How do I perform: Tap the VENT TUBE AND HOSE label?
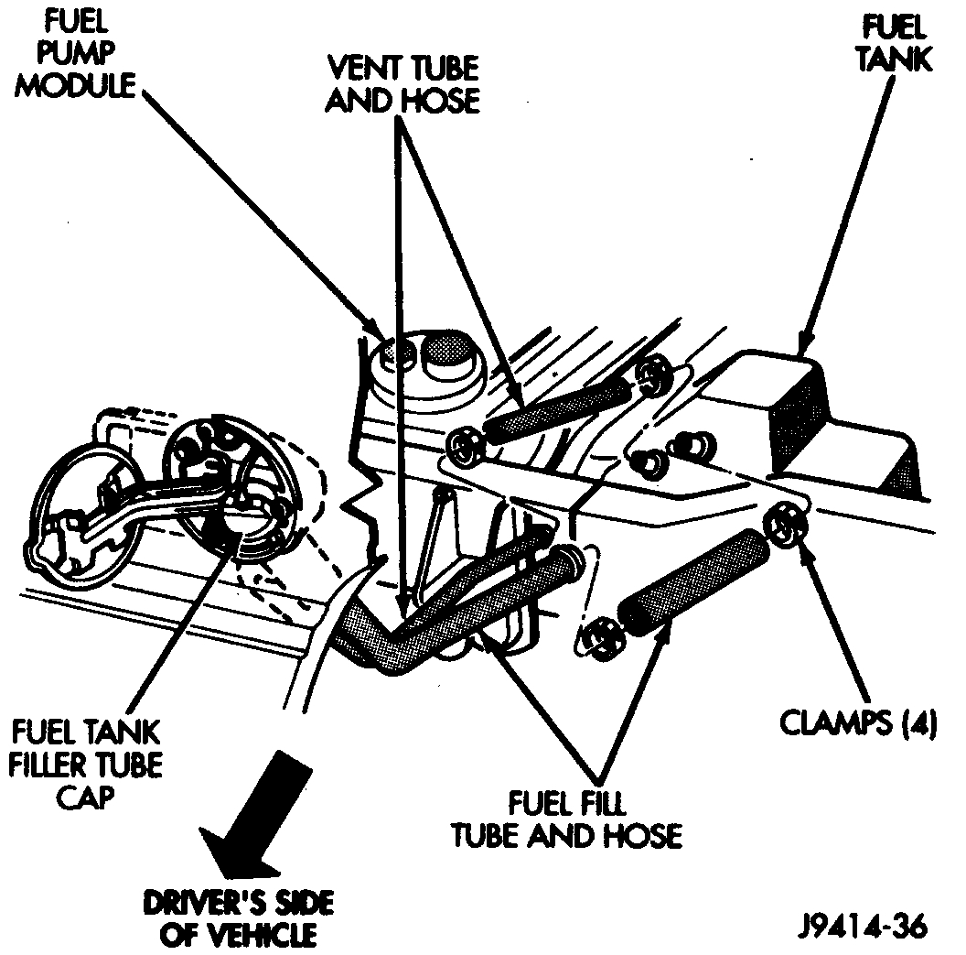click(403, 83)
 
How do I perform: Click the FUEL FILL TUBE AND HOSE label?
click(567, 819)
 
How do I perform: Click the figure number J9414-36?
click(865, 926)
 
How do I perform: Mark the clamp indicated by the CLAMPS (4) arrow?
click(786, 525)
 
